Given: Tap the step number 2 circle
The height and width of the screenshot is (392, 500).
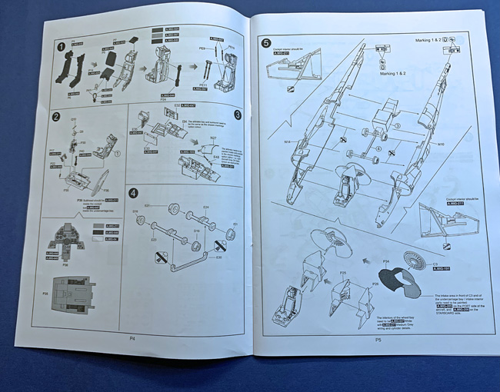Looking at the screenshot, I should [x=56, y=117].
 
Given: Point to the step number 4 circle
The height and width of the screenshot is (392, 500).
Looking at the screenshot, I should [x=134, y=193].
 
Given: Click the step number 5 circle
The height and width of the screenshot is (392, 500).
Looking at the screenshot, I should [x=266, y=43].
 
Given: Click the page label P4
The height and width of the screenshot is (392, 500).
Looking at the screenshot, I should [x=132, y=337].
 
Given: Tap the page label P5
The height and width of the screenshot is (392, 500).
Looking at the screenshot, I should [x=378, y=339].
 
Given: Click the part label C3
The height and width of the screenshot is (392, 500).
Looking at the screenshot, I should [x=435, y=265].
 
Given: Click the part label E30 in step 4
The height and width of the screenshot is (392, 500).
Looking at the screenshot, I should [x=218, y=257].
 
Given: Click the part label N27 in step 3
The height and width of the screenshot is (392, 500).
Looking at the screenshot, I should [x=213, y=138].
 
